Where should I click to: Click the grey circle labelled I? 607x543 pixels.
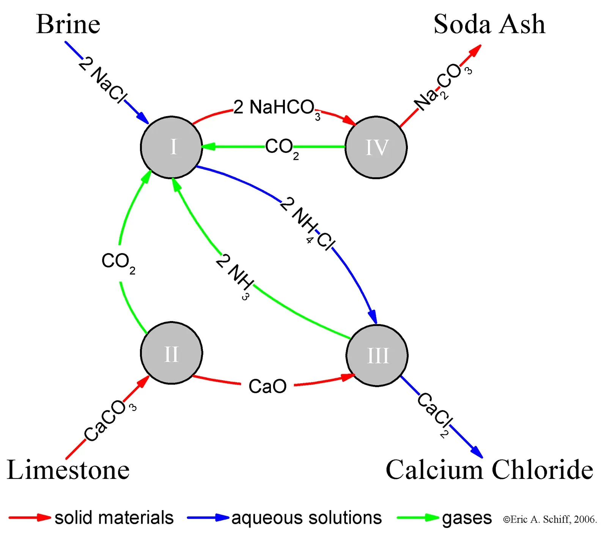pyautogui.click(x=171, y=147)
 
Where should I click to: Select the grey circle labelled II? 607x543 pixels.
pyautogui.click(x=171, y=353)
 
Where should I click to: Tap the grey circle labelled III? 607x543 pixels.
pyautogui.click(x=377, y=356)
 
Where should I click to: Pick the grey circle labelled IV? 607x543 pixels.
pyautogui.click(x=376, y=147)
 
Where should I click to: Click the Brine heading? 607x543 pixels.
pyautogui.click(x=68, y=24)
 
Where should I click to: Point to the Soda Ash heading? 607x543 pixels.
pyautogui.click(x=489, y=24)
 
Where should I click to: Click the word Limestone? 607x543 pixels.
pyautogui.click(x=68, y=470)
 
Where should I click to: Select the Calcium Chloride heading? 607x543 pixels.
pyautogui.click(x=489, y=470)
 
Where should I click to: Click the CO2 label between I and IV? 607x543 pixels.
pyautogui.click(x=281, y=148)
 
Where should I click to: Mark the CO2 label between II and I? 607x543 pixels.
pyautogui.click(x=118, y=262)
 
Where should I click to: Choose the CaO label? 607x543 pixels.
pyautogui.click(x=267, y=387)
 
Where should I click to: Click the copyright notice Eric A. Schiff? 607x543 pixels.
pyautogui.click(x=550, y=519)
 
